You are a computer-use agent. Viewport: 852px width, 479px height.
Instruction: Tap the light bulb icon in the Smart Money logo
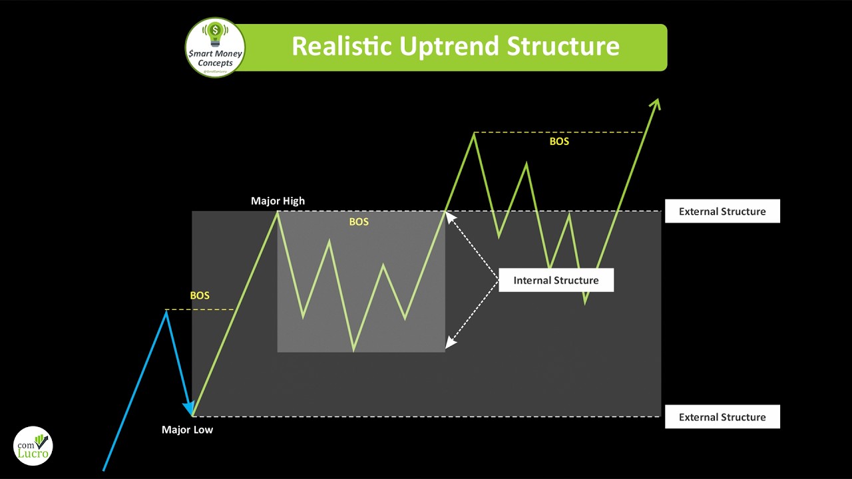(x=214, y=32)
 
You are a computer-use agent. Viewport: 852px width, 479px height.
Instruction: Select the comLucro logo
(x=33, y=446)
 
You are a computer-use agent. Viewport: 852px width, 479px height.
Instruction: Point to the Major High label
(x=278, y=201)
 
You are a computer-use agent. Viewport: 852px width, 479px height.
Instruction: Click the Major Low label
(x=187, y=430)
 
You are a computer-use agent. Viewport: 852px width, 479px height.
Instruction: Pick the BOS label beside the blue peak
(x=200, y=295)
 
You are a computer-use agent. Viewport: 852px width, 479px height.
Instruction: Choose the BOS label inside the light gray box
(x=359, y=222)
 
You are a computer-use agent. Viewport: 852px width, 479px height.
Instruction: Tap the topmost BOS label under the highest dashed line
(x=559, y=142)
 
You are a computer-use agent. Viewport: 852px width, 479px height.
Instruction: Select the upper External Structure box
(x=722, y=212)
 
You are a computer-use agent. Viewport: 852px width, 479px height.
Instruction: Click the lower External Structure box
(x=722, y=417)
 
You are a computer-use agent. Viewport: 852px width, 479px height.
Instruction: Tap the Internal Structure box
(x=556, y=280)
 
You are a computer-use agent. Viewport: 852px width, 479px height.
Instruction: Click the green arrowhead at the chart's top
(x=656, y=104)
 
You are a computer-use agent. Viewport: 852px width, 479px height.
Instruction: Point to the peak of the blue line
(x=166, y=311)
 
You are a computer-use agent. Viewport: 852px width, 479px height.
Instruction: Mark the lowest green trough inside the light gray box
(x=353, y=349)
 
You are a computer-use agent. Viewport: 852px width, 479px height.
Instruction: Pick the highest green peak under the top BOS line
(x=474, y=134)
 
